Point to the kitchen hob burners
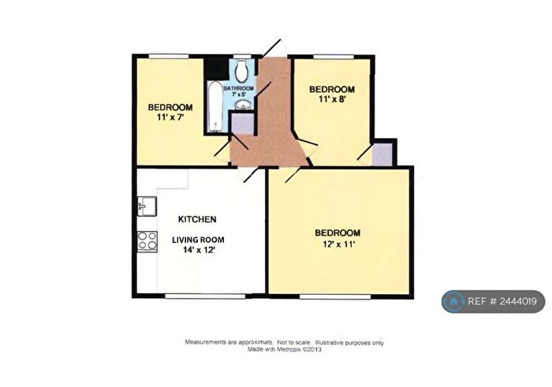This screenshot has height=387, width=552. (147, 240)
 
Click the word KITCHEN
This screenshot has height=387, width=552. (197, 219)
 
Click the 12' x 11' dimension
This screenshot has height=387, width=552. (338, 245)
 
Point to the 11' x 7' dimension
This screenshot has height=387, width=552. (170, 118)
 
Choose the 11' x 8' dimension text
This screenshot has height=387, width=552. (331, 100)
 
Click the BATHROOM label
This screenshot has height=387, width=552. (239, 88)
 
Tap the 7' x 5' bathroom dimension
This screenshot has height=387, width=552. (240, 96)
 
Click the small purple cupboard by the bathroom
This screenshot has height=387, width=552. (242, 123)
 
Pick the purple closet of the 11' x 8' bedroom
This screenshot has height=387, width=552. (382, 154)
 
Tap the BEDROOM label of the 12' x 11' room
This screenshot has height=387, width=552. (338, 233)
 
